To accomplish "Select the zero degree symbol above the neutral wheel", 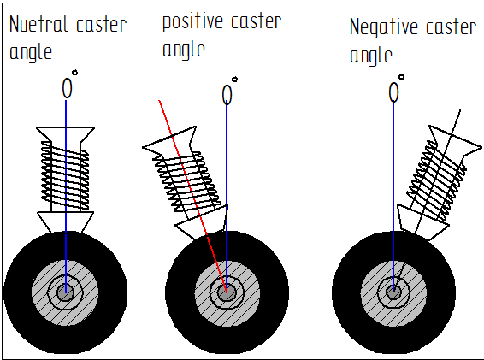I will [68, 87].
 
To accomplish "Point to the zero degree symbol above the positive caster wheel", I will [228, 94].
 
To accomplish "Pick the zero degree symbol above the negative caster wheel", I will [395, 91].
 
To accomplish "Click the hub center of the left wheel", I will [64, 292].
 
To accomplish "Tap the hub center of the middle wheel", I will [227, 292].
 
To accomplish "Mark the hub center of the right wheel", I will [393, 292].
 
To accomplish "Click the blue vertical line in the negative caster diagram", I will [394, 171].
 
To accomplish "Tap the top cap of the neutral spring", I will [66, 134].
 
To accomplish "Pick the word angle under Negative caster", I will [371, 55].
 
